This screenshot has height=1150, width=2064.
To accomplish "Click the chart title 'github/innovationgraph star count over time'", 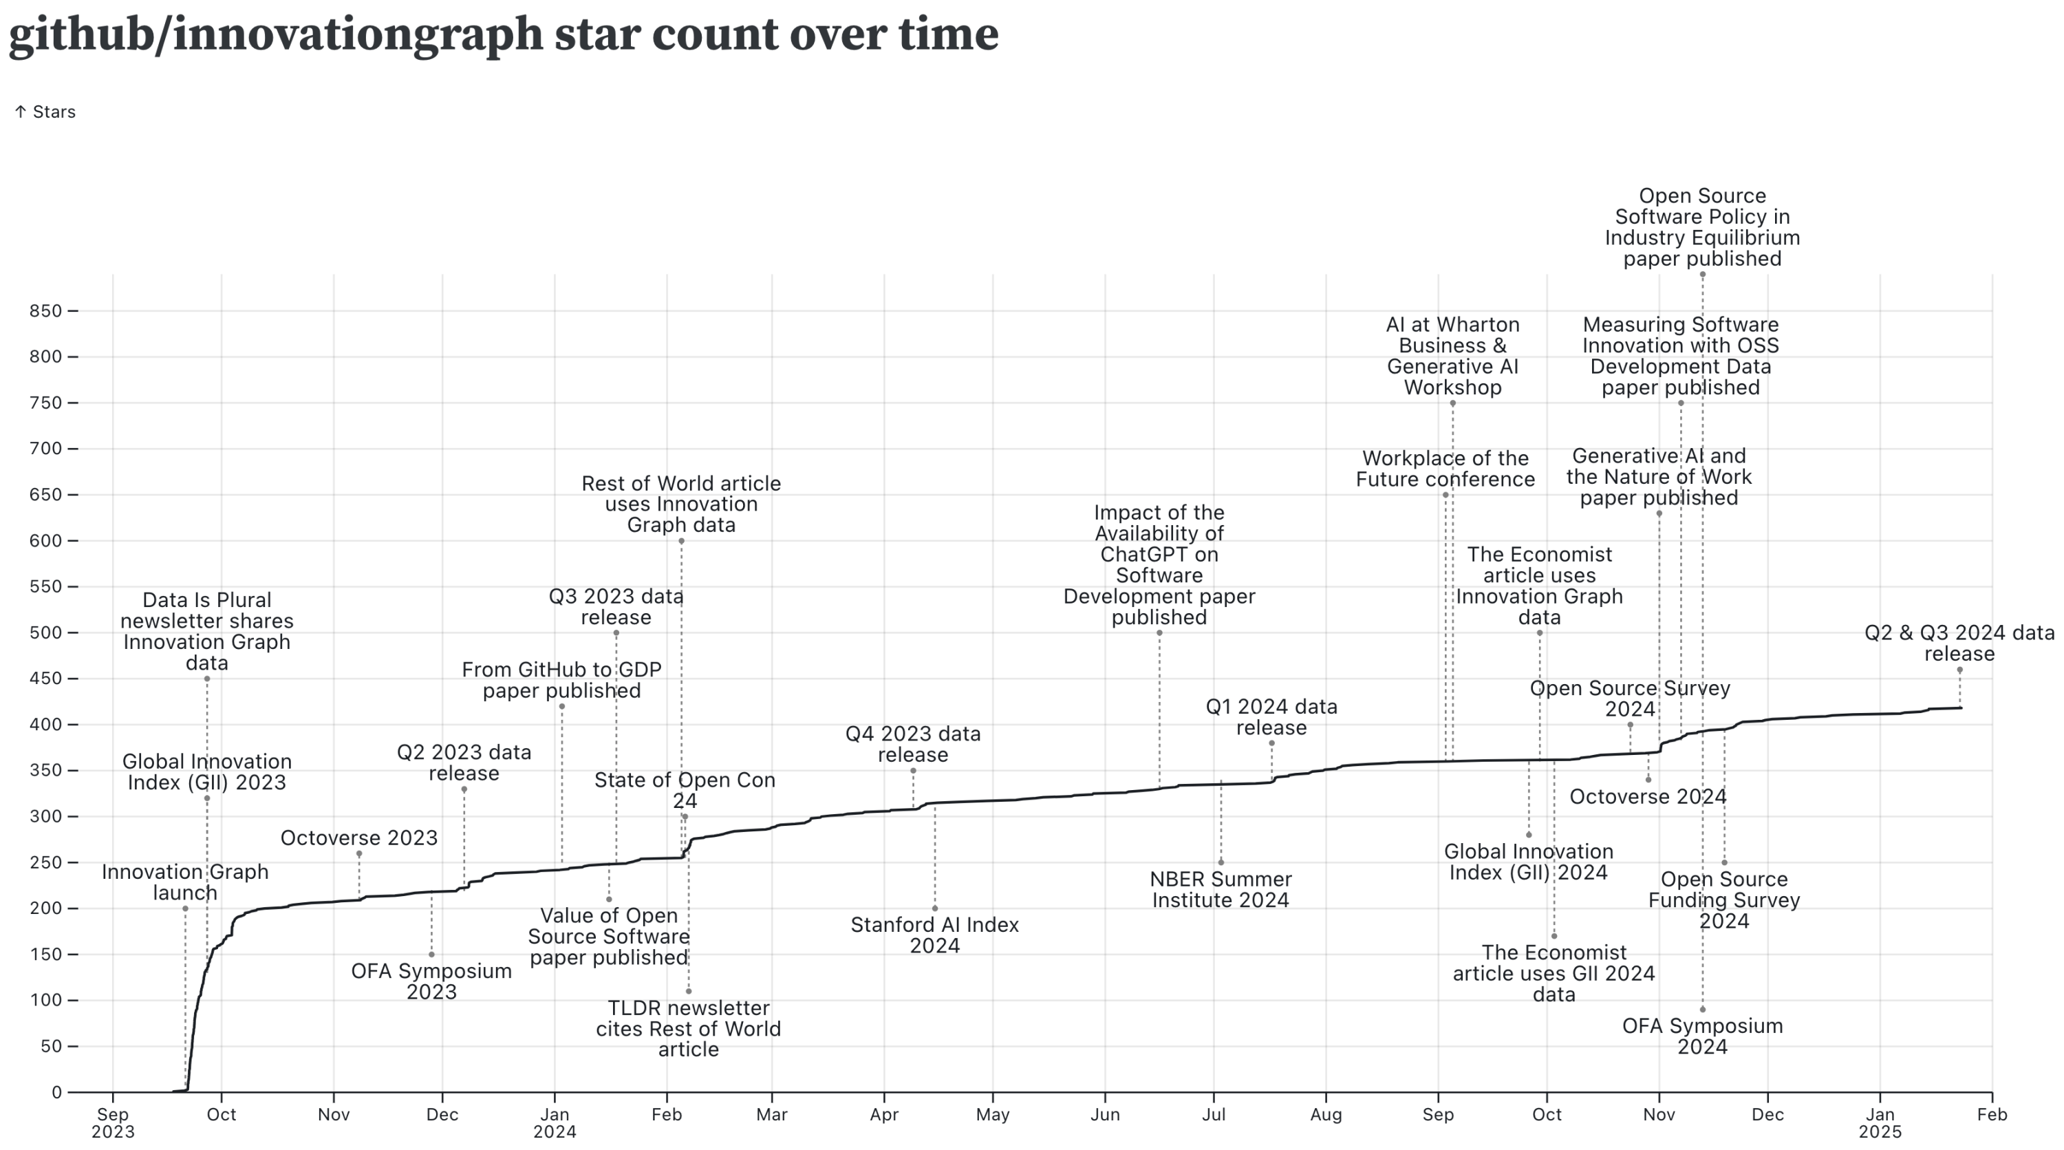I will point(503,34).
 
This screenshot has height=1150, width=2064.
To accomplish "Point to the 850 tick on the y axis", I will point(45,311).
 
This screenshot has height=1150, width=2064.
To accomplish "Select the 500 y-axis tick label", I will point(45,633).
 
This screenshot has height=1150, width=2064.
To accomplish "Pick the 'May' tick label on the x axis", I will point(993,1115).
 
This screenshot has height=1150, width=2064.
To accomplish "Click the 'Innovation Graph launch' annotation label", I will point(185,882).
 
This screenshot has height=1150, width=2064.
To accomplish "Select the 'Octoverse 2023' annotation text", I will point(359,838).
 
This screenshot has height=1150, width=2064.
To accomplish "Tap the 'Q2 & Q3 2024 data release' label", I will point(1959,643).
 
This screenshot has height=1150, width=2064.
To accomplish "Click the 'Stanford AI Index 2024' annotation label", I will point(934,935).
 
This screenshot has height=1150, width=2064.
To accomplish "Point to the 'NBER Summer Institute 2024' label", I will point(1221,890).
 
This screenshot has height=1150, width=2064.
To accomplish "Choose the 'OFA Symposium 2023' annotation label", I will point(431,981).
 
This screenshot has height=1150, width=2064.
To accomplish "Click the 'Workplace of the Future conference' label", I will point(1445,469).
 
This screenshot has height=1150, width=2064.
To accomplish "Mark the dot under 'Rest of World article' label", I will point(681,541).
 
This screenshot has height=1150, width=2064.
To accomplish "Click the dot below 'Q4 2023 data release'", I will point(912,771).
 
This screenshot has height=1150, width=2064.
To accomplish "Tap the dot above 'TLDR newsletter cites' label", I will point(688,991).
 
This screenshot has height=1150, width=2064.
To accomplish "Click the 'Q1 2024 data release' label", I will point(1271,717).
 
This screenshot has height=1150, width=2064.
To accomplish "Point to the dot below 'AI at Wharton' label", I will point(1452,403).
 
